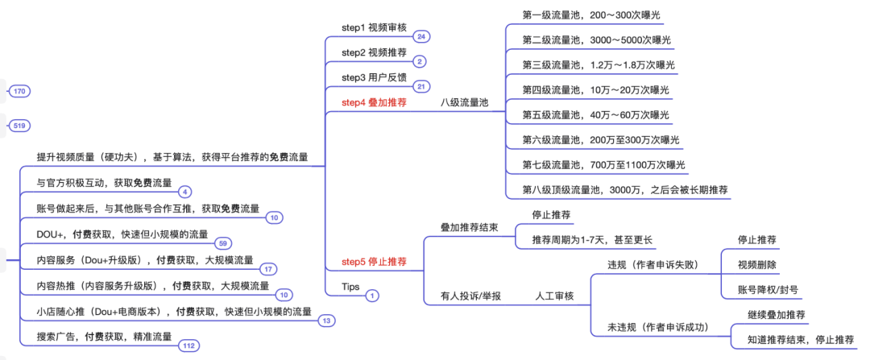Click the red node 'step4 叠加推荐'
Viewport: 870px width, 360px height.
click(x=374, y=103)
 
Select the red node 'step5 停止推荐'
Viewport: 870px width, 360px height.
click(x=374, y=262)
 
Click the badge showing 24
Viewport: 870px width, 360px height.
click(x=421, y=36)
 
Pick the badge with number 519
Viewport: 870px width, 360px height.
click(x=20, y=126)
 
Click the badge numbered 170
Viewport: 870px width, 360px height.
click(x=20, y=92)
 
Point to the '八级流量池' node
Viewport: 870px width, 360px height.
click(x=465, y=103)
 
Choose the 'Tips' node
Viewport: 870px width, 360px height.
click(x=351, y=287)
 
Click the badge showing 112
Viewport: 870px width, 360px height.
click(x=188, y=346)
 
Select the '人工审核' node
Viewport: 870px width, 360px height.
click(x=554, y=296)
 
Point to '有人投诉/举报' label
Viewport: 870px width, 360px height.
click(x=470, y=296)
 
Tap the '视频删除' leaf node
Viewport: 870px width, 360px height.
click(x=756, y=264)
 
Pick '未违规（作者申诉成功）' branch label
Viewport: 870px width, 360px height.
click(x=658, y=327)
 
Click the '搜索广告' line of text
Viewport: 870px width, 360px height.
click(x=105, y=337)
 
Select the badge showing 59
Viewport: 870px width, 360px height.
click(x=223, y=242)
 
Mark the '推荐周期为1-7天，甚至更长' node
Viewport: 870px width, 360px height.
click(x=592, y=239)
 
